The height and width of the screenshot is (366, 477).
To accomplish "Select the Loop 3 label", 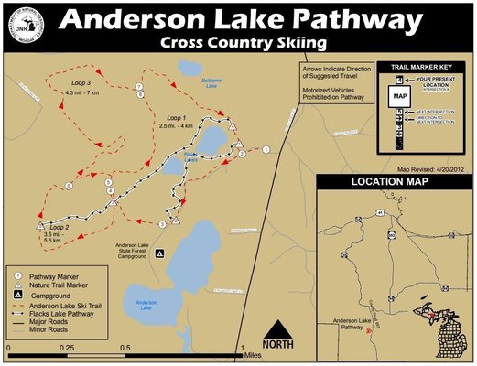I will [x=84, y=81].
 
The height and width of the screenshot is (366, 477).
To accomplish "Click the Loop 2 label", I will [x=61, y=225].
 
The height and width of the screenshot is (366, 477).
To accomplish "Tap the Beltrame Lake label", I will [x=211, y=83].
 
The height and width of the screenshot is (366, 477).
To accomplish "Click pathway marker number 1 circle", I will [x=266, y=148].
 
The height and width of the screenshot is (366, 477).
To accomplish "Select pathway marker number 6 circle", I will [x=70, y=187].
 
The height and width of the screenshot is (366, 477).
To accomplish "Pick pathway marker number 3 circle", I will [x=162, y=224].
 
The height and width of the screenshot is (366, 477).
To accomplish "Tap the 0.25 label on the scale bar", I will [x=66, y=349].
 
